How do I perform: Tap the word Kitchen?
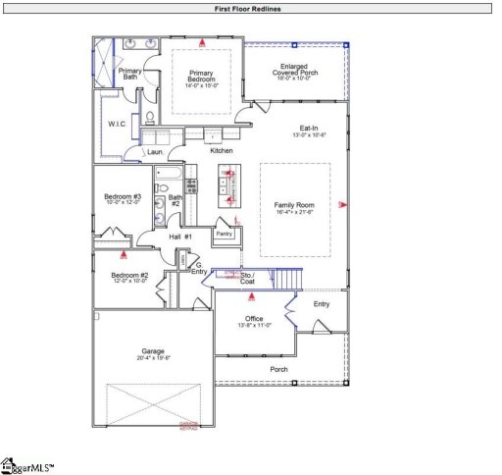coord(222,150)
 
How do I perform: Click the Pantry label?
coord(225,234)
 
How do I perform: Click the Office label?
coord(252,318)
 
